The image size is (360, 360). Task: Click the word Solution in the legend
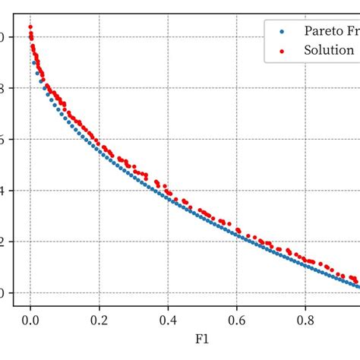[x=328, y=50]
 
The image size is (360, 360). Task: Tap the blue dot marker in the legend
[x=282, y=32]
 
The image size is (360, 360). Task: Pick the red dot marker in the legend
[x=282, y=50]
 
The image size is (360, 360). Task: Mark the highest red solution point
[x=30, y=27]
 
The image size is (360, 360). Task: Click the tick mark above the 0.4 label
[x=168, y=308]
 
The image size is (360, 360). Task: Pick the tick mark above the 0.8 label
[x=306, y=308]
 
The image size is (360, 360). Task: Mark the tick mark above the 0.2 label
[x=99, y=308]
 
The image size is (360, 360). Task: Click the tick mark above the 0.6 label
[x=237, y=308]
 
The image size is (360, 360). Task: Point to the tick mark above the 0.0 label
[x=30, y=308]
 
